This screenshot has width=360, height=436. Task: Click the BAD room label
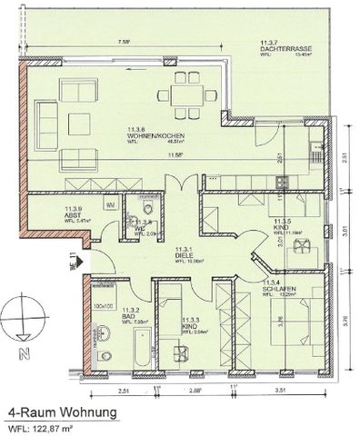pyautogui.click(x=116, y=315)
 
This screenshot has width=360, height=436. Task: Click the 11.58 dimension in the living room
pyautogui.click(x=165, y=155)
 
